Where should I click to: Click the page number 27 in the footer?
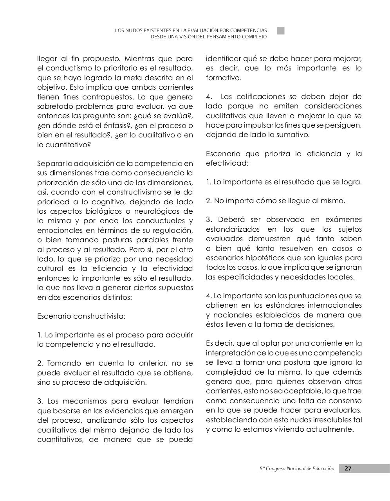(x=348, y=469)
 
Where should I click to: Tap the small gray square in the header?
(x=281, y=31)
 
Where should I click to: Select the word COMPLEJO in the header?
(x=253, y=37)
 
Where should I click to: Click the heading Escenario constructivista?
(x=81, y=316)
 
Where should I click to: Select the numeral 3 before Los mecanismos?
(x=40, y=401)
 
